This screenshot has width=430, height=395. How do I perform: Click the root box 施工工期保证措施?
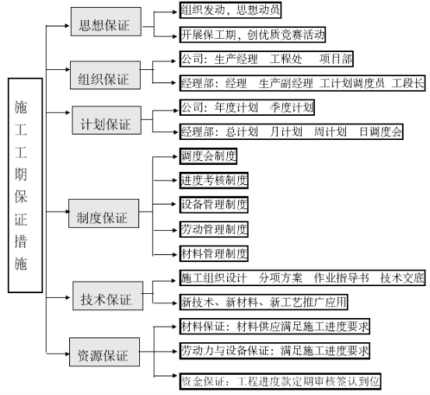[x=25, y=185]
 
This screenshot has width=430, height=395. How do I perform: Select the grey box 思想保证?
[x=106, y=22]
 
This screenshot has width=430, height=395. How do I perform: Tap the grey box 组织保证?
[x=105, y=75]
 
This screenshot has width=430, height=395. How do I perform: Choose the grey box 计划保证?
[x=107, y=121]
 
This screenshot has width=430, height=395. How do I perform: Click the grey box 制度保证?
[x=103, y=213]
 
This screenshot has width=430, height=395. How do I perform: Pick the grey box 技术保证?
[x=108, y=295]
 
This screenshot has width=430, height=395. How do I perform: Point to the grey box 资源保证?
[x=104, y=352]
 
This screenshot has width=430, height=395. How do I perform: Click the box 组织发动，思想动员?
[x=230, y=10]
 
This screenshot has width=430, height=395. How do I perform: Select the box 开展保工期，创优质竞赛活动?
[x=253, y=34]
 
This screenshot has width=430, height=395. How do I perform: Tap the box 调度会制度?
[x=208, y=156]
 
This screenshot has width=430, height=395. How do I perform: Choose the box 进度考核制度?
[x=214, y=180]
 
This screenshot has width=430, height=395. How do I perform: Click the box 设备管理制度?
[x=214, y=204]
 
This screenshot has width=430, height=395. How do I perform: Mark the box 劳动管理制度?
[x=214, y=229]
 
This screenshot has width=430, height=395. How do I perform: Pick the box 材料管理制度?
[x=214, y=253]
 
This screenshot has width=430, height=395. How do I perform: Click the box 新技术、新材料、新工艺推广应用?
[x=264, y=302]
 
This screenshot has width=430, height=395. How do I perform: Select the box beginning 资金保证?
[x=280, y=381]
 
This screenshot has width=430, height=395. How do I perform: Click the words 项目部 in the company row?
[x=336, y=59]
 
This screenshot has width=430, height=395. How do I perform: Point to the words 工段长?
[x=407, y=83]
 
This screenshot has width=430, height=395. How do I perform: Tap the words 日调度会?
[x=380, y=132]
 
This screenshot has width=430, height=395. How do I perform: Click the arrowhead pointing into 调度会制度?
[x=176, y=156]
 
